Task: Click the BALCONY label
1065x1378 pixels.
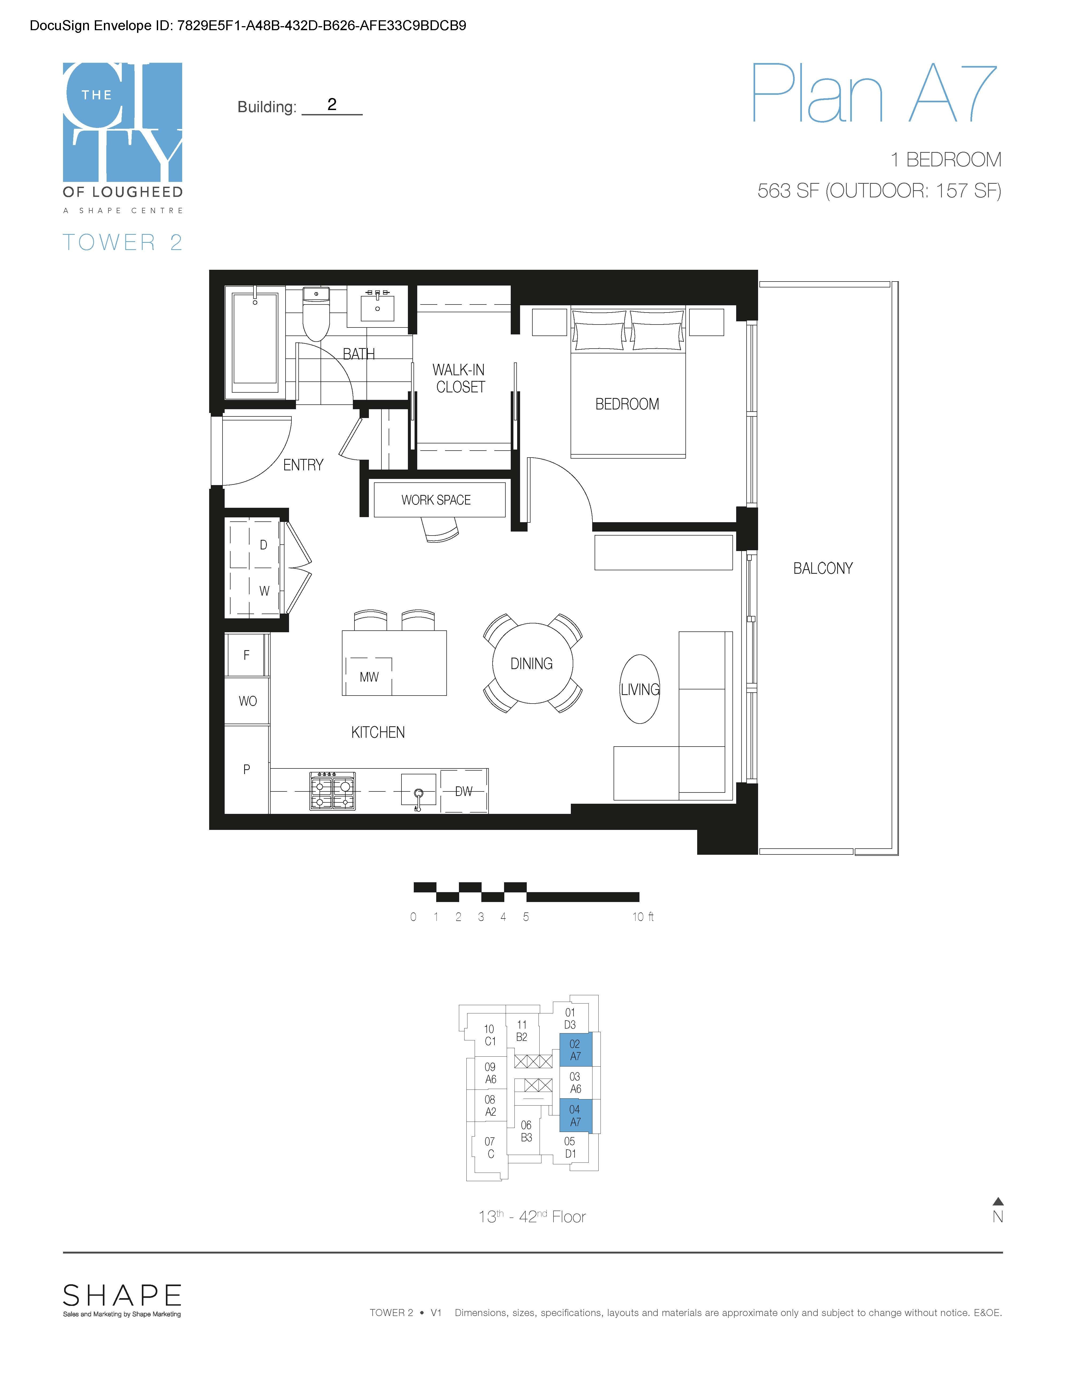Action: (823, 568)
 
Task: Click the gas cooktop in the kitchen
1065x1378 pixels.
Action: (333, 791)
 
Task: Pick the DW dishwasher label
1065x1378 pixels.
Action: (464, 791)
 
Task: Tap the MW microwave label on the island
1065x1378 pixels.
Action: (369, 677)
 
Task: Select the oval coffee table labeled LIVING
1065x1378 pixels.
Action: (640, 689)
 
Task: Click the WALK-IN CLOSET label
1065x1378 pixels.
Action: (459, 378)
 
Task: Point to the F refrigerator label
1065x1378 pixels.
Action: (247, 655)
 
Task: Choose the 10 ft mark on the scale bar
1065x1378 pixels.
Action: (643, 917)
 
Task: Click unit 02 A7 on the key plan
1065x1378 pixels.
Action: (575, 1050)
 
